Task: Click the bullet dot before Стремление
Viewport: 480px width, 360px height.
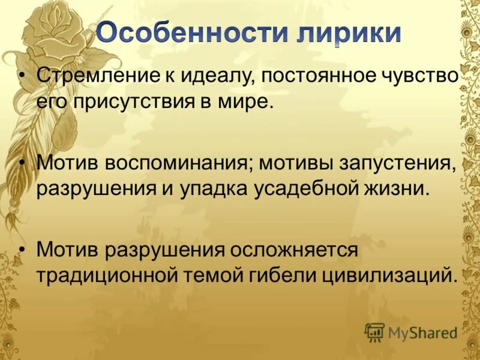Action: pyautogui.click(x=23, y=77)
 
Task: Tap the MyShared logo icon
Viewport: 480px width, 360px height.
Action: pyautogui.click(x=374, y=332)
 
